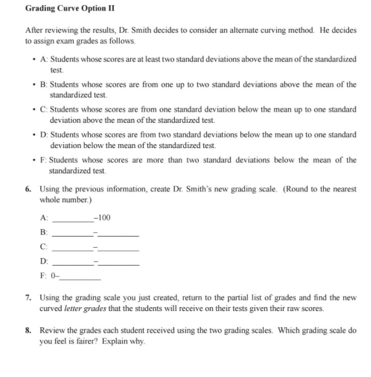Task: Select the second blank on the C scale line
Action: (118, 248)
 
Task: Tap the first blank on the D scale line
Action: (73, 263)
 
